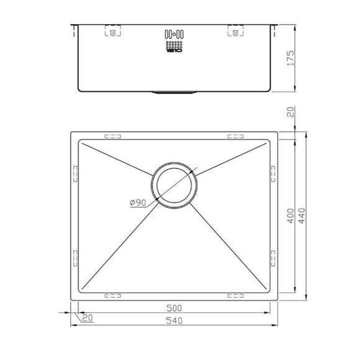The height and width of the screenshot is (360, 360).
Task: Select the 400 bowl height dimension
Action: [x=299, y=216]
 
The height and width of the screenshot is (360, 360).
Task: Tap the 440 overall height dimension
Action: [x=310, y=216]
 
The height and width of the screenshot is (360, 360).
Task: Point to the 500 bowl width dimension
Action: [x=174, y=308]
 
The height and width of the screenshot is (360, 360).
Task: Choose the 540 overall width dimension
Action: [x=174, y=320]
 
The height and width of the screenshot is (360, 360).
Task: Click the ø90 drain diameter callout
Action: [x=137, y=203]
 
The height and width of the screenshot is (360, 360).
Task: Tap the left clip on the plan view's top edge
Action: [x=113, y=135]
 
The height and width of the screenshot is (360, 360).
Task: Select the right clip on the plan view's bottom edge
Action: [x=236, y=295]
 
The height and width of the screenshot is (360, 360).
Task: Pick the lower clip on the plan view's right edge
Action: [x=272, y=256]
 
